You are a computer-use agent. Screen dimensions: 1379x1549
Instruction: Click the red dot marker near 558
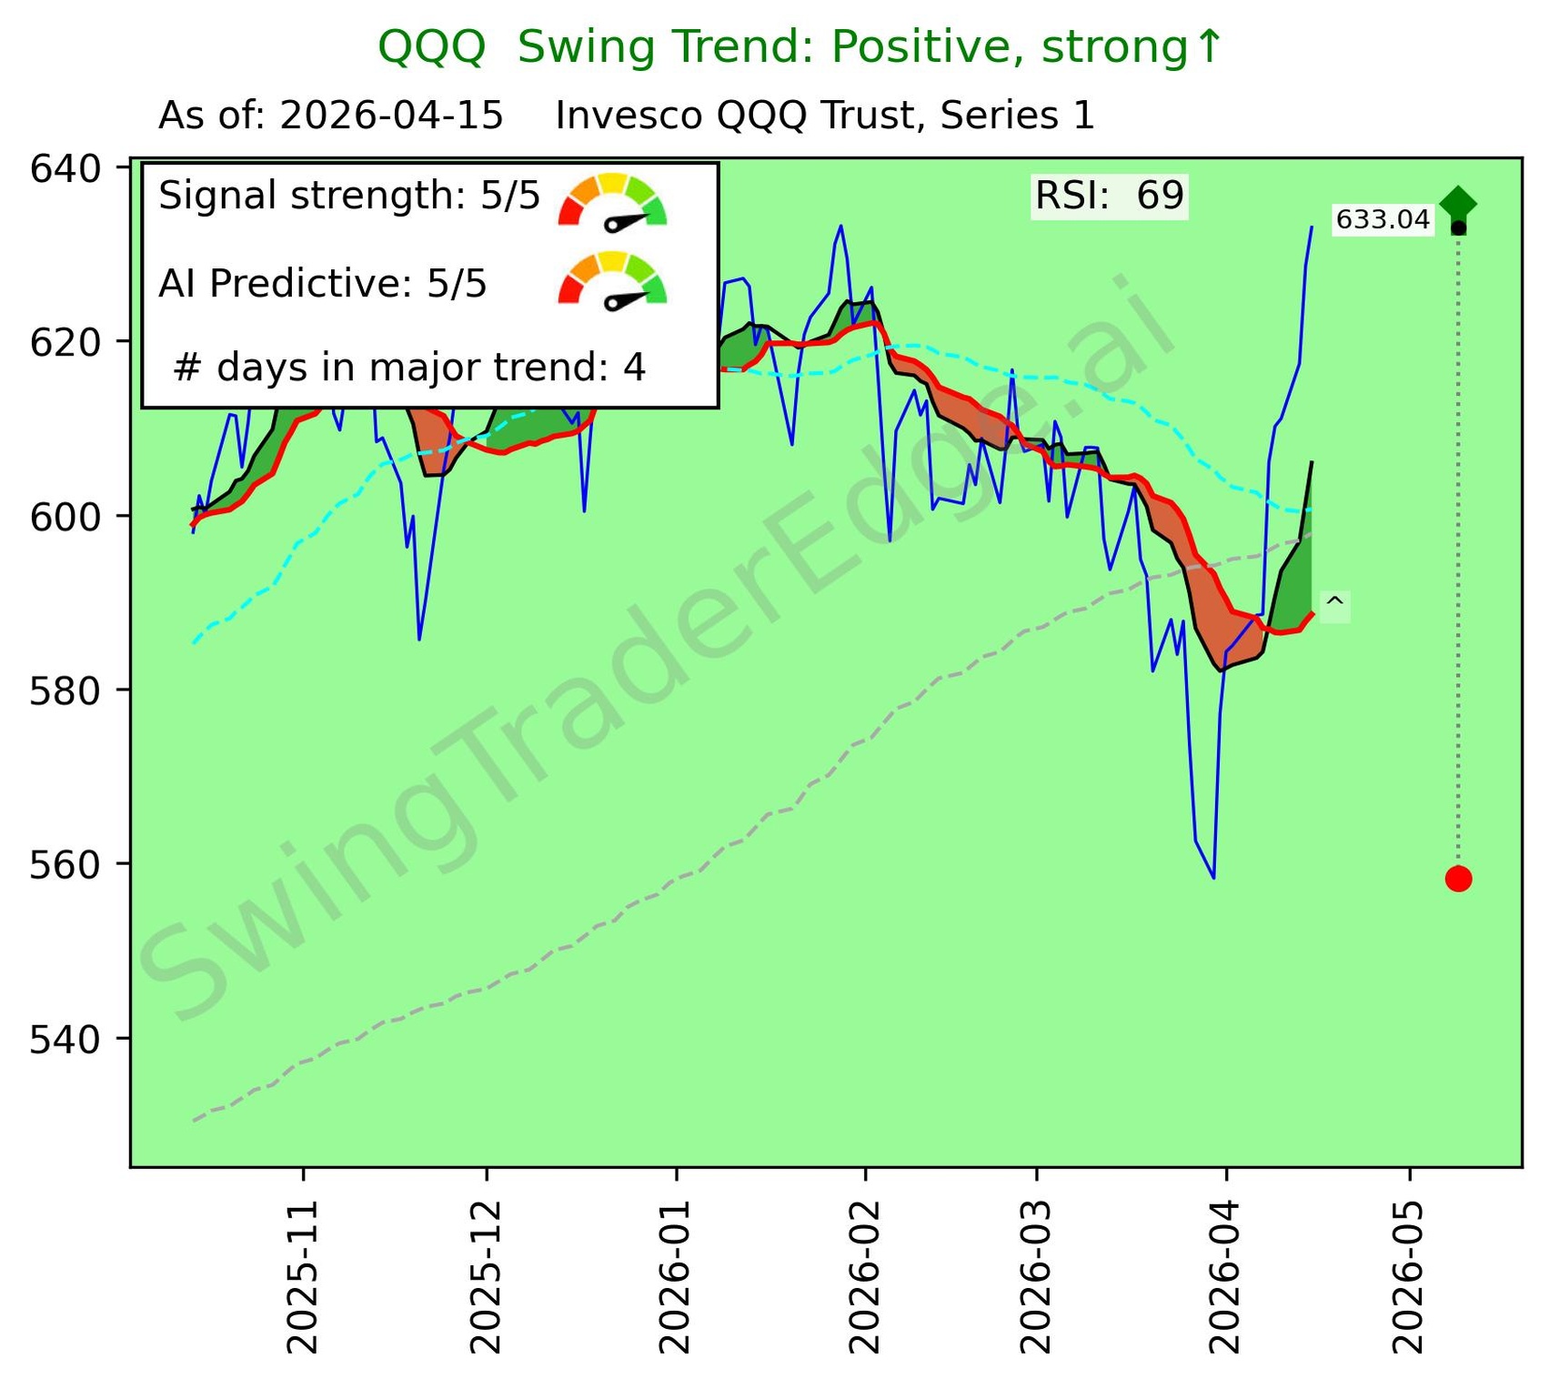pyautogui.click(x=1458, y=879)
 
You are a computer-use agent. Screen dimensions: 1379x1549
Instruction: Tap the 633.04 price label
pyautogui.click(x=1383, y=220)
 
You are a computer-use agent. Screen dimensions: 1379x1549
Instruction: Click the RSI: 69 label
pyautogui.click(x=1109, y=196)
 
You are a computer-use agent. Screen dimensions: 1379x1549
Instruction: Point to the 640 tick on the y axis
pyautogui.click(x=65, y=168)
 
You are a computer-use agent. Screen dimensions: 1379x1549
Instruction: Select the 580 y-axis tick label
pyautogui.click(x=65, y=690)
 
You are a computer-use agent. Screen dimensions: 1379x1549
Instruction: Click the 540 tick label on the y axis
pyautogui.click(x=65, y=1039)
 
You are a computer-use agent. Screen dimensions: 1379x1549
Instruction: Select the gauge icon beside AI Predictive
pyautogui.click(x=612, y=281)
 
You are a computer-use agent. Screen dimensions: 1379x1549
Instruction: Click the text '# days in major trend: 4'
pyautogui.click(x=409, y=367)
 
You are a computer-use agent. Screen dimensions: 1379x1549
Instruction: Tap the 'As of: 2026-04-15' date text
pyautogui.click(x=331, y=116)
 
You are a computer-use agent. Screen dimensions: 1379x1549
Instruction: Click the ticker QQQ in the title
pyautogui.click(x=431, y=47)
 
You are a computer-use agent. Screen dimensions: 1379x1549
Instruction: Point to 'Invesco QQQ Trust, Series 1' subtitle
pyautogui.click(x=825, y=116)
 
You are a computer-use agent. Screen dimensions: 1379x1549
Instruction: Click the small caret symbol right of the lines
pyautogui.click(x=1333, y=604)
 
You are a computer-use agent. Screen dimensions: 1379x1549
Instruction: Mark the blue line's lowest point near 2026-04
pyautogui.click(x=1213, y=878)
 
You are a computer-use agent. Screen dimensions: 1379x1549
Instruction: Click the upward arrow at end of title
pyautogui.click(x=1208, y=47)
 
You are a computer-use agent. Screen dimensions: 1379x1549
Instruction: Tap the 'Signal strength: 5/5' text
pyautogui.click(x=349, y=196)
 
